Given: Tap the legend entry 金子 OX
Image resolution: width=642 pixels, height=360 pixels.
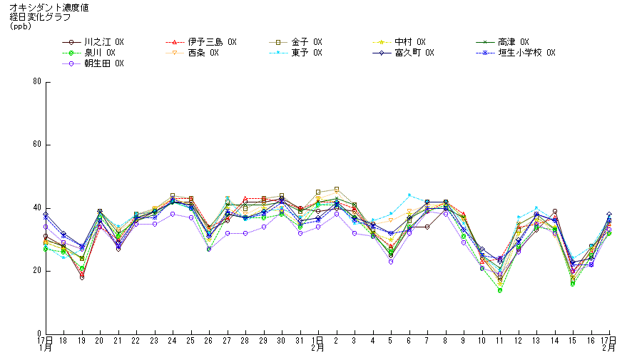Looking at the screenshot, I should [x=307, y=42].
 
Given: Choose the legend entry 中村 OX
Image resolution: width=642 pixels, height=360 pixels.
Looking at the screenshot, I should [x=409, y=42].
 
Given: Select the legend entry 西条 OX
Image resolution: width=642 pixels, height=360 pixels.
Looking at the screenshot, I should [x=203, y=53].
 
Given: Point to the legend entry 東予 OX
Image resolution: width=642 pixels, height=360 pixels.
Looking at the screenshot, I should [x=307, y=53].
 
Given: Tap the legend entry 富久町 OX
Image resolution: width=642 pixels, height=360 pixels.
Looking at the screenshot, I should [x=414, y=53].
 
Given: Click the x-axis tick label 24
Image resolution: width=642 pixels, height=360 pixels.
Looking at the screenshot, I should [x=172, y=341].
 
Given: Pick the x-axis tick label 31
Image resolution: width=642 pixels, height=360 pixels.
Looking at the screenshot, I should [x=300, y=341].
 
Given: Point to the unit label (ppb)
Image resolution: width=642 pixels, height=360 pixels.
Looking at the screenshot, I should [x=21, y=26].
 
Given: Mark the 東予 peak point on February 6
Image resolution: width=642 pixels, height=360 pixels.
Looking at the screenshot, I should [x=409, y=195].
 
